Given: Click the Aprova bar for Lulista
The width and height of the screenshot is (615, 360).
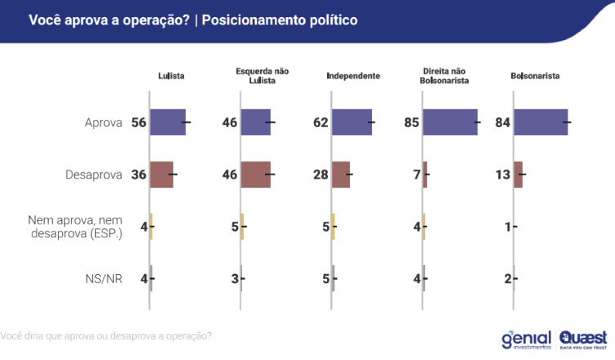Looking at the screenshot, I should [168, 122].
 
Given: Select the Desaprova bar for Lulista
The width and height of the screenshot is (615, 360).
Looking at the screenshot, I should [161, 174].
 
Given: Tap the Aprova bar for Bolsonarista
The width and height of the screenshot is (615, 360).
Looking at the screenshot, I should [541, 122].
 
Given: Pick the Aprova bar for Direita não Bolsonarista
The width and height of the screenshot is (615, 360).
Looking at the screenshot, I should [450, 122].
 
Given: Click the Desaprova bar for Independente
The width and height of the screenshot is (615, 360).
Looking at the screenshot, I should [341, 174].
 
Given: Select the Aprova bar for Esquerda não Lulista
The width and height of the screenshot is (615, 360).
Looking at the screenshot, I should [255, 122].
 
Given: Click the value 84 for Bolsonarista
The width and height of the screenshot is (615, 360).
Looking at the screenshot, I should [501, 123].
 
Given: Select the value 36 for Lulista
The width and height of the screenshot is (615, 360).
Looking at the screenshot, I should [137, 174].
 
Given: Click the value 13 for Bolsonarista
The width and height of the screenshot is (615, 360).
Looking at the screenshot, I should [501, 174].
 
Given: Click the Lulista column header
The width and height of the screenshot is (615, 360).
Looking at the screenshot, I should [171, 76].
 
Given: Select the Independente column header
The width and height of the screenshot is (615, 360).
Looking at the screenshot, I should [352, 76].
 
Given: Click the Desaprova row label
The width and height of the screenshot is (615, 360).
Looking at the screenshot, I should [93, 174].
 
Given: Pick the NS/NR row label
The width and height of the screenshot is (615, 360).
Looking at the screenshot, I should [103, 279].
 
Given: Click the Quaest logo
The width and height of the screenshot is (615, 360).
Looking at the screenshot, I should [583, 339].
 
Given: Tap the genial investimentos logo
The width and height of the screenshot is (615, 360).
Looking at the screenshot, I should [525, 339].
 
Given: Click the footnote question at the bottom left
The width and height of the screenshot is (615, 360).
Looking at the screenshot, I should [106, 335].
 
